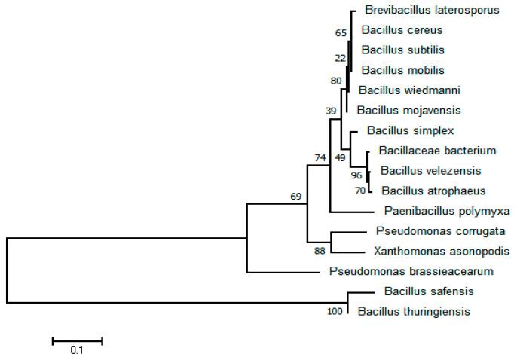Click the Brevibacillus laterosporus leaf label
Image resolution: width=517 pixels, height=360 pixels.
point(421,11)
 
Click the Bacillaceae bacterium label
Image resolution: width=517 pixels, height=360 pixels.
point(427,151)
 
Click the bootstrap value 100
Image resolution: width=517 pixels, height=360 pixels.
point(335,312)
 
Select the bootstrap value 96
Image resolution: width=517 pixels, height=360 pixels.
point(357,175)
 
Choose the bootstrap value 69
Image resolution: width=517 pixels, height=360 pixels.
point(296,196)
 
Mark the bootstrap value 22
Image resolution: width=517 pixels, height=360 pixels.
point(338,58)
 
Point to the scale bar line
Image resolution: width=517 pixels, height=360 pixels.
point(77,341)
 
